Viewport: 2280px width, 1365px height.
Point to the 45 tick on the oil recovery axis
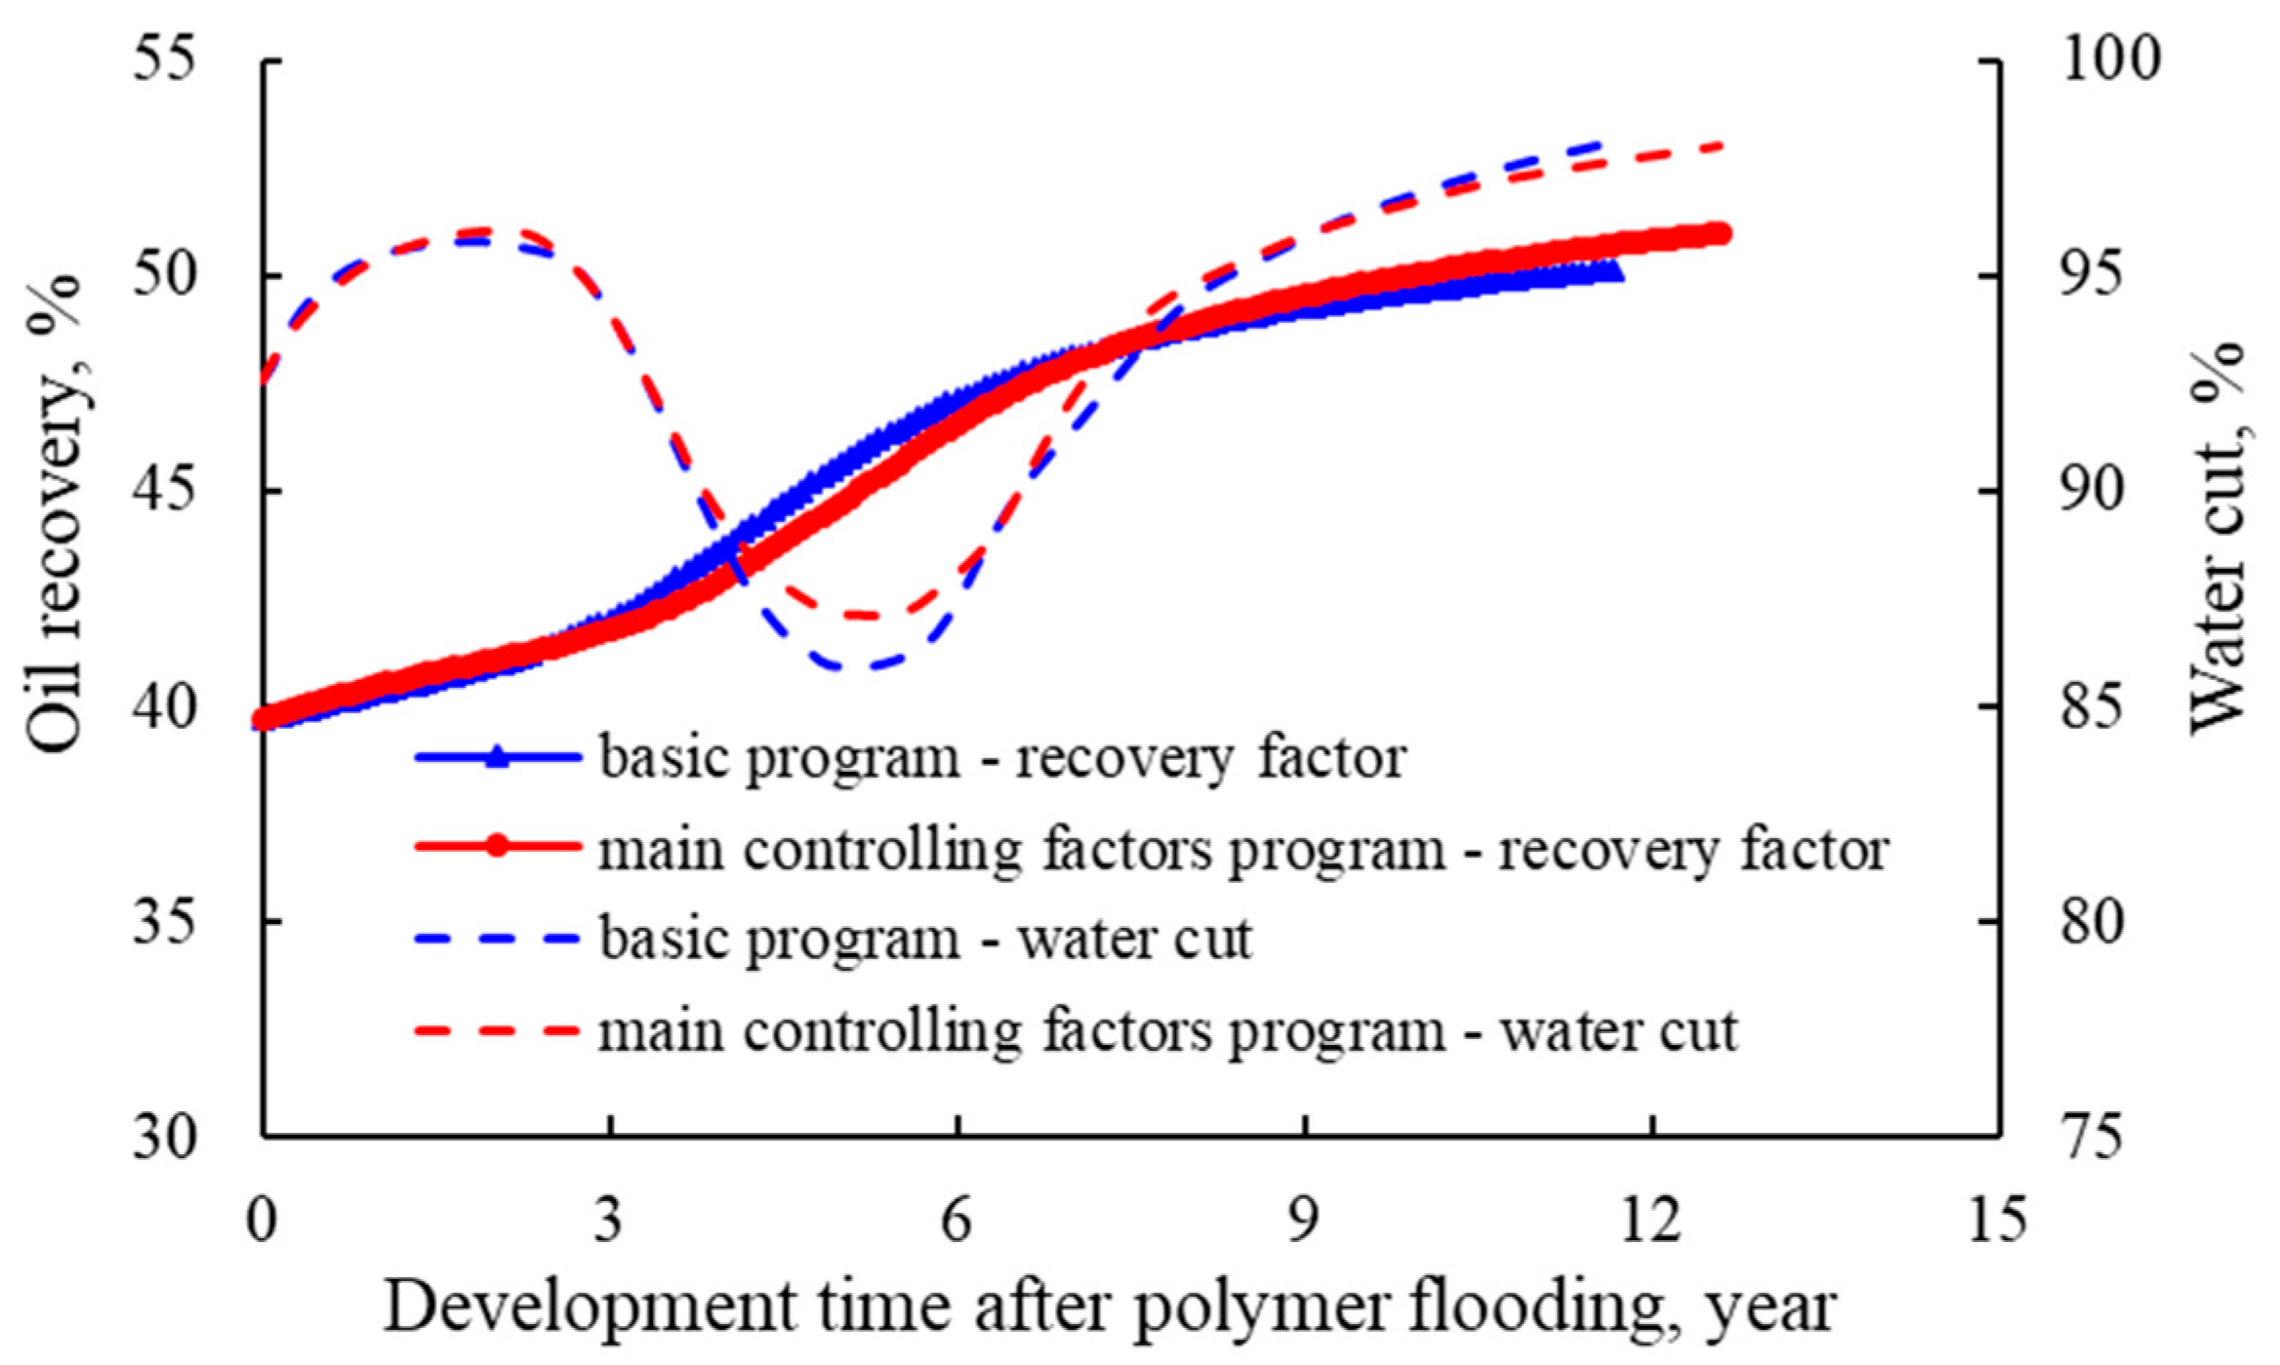click(164, 490)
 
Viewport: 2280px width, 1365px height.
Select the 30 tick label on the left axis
click(164, 1136)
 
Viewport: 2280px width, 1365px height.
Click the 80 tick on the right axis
click(2093, 921)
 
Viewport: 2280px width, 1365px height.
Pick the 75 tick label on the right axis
click(2093, 1136)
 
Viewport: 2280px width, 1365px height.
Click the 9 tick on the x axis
click(1305, 1219)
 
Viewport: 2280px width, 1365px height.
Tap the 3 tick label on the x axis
click(609, 1219)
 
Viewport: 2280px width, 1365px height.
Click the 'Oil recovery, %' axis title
click(56, 513)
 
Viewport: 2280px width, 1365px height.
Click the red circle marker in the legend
click(498, 846)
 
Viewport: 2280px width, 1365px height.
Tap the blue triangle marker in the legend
click(498, 755)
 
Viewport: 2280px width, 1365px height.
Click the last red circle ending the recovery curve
click(1718, 233)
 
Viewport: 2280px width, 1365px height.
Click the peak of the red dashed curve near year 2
click(485, 231)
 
